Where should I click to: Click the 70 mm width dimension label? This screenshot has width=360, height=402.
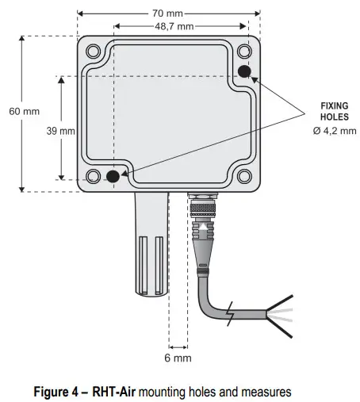pos(168,13)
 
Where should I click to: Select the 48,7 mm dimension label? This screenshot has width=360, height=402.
pos(176,26)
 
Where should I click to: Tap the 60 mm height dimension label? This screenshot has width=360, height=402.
pos(24,111)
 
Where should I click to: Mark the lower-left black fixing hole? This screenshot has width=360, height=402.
pos(114,176)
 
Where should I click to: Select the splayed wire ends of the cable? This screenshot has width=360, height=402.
pos(281,313)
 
